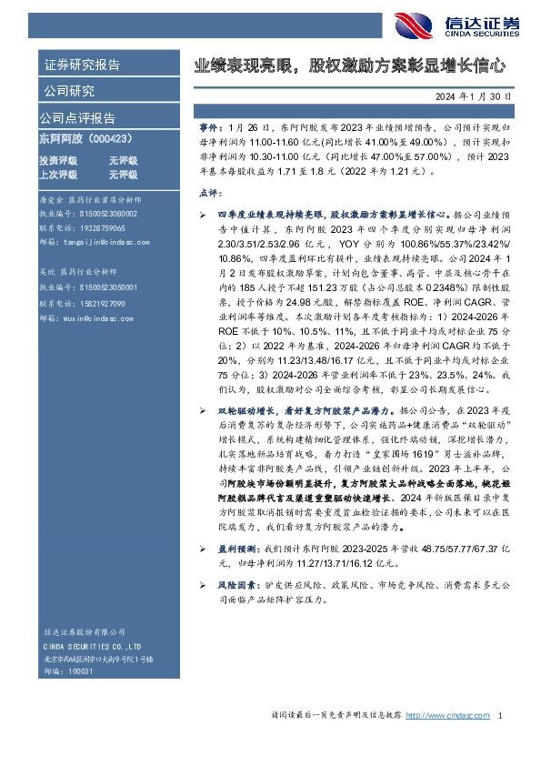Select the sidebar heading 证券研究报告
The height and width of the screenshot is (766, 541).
coord(81,66)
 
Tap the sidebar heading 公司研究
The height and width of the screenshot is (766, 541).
coord(67,90)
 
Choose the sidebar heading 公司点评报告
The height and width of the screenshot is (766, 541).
coord(76,117)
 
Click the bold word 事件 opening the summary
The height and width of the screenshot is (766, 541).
coord(208,131)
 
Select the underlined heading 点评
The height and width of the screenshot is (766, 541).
coord(207,193)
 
